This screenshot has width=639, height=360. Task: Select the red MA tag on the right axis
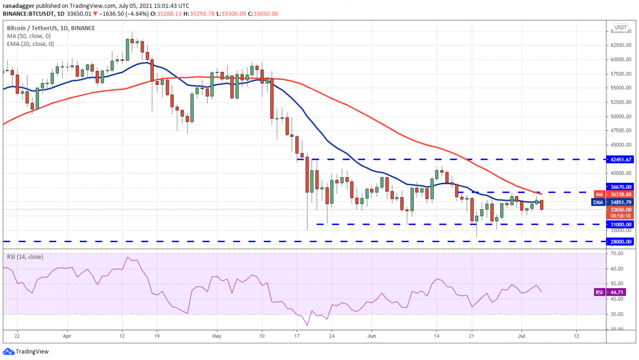[600, 194]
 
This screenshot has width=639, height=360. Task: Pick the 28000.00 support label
[621, 241]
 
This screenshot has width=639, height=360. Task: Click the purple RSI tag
[599, 292]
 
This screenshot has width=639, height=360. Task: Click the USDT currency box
[621, 27]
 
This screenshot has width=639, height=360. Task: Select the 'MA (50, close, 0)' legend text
[28, 35]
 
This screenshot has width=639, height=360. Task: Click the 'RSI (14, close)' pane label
[25, 257]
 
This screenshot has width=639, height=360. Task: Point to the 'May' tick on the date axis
[216, 337]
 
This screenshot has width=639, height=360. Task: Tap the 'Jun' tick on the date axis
[373, 337]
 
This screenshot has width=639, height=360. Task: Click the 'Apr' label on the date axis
[67, 337]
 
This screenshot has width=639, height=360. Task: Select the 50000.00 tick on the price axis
[621, 116]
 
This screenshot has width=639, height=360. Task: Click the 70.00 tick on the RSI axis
[617, 254]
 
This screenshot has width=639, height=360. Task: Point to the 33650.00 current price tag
[621, 210]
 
